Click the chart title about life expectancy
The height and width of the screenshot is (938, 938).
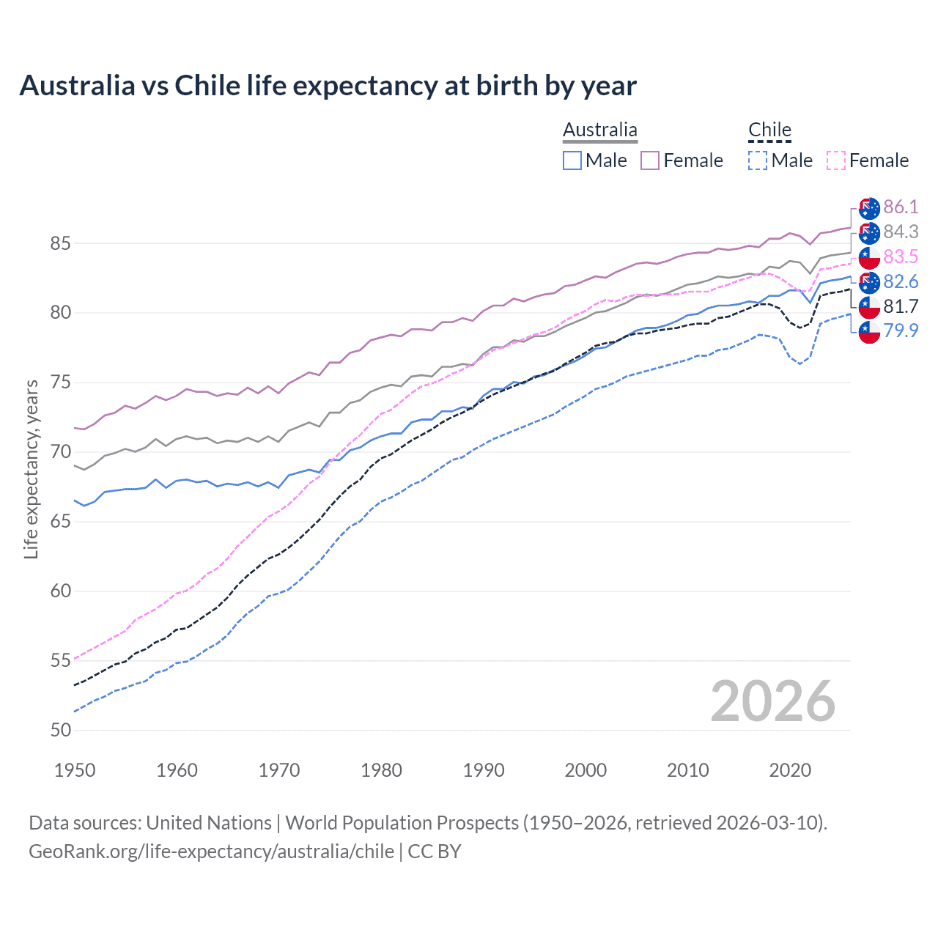pos(328,86)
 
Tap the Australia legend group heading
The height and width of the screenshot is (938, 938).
pos(599,130)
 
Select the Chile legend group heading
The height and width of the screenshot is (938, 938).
pos(769,130)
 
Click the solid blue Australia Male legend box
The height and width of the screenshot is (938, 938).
pos(572,160)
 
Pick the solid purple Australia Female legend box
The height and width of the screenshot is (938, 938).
pos(650,160)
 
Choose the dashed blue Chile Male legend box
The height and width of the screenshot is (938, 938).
pos(758,160)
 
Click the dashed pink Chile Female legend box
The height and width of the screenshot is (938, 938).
pos(836,160)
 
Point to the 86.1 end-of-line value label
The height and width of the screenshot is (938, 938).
pos(901,207)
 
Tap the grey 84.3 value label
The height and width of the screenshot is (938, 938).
pos(901,232)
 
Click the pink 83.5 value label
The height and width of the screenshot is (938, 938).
pos(901,257)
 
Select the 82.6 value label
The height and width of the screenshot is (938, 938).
pos(901,282)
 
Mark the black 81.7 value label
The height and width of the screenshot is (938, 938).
pos(901,306)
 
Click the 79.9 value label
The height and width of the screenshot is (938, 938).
pos(901,331)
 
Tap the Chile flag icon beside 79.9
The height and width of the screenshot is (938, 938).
pos(869,332)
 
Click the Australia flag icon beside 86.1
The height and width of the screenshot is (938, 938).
pos(869,208)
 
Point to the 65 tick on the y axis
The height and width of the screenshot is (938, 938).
pos(61,522)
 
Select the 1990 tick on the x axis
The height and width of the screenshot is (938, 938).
pos(483,770)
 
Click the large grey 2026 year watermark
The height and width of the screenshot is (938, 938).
pos(772,701)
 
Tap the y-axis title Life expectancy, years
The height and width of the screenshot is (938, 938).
pos(31,469)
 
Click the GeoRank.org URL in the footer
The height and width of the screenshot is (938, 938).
pos(211,852)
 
